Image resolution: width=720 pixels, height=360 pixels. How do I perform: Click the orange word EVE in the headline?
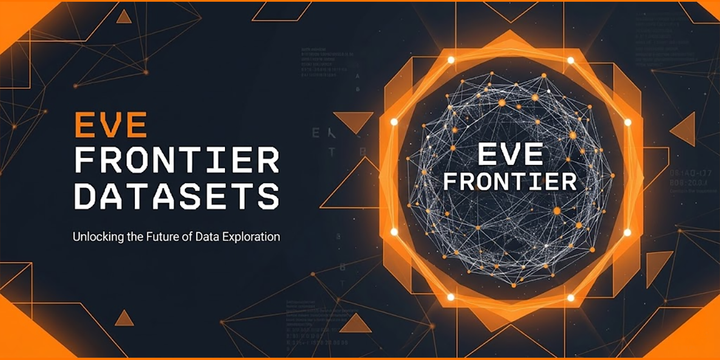111,125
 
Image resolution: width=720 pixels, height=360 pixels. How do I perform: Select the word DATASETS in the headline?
177,195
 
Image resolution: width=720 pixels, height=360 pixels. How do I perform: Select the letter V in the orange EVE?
111,125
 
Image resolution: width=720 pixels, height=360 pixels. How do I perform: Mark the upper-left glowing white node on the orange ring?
451,60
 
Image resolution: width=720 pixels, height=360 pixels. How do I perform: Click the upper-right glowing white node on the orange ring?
570,60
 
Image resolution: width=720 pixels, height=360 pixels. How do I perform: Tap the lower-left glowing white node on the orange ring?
451,297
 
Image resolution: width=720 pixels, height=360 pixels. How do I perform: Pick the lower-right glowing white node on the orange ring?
570,297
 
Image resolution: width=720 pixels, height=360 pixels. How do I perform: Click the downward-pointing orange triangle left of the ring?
354,120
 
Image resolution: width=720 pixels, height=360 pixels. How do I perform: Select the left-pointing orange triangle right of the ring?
685,129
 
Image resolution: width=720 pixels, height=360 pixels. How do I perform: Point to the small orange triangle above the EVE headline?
124,17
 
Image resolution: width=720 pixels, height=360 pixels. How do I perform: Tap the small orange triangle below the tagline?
124,319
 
